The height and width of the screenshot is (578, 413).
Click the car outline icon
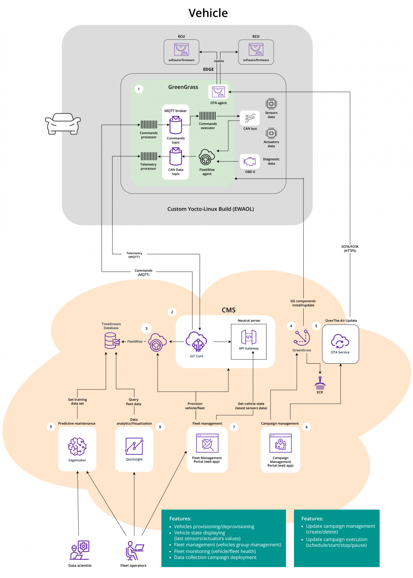tap(63, 124)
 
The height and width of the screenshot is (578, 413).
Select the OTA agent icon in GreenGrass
tap(218, 92)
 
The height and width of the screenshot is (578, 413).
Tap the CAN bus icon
tap(250, 118)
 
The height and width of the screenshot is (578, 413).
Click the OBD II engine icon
tap(250, 161)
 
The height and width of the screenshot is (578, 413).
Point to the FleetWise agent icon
tap(206, 157)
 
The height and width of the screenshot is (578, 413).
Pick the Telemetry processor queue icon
tap(149, 156)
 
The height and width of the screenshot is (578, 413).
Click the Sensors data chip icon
tap(271, 104)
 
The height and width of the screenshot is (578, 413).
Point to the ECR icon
tap(320, 384)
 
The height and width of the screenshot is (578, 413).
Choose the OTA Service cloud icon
tap(340, 341)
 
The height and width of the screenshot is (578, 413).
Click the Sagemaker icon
tap(77, 447)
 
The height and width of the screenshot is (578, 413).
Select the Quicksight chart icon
tap(134, 446)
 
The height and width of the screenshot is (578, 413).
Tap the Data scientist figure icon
tap(80, 550)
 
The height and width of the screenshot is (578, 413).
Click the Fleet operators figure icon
tap(134, 551)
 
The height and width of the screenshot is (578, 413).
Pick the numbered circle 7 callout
tap(234, 427)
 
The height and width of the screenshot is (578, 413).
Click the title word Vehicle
tap(208, 13)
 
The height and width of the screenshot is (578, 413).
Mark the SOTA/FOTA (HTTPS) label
tap(350, 249)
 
